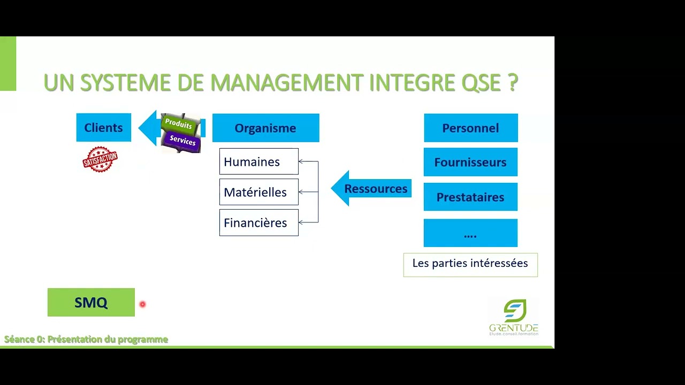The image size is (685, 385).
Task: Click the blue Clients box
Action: point(103,128)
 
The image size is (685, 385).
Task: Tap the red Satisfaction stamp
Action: point(100,159)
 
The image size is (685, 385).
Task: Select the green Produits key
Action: point(178,124)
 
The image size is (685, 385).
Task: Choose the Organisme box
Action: point(265,128)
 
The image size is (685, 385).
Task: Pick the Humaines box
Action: point(258,161)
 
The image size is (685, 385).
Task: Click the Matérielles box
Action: point(258,192)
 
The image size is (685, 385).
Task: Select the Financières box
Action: point(258,222)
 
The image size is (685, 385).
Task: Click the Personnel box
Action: point(470,128)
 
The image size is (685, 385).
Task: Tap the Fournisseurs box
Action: point(470,162)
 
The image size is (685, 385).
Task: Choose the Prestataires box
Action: point(470,197)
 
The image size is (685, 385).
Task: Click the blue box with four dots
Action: point(470,233)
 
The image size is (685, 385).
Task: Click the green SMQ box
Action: point(91,302)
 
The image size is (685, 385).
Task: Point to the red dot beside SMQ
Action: point(142,304)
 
